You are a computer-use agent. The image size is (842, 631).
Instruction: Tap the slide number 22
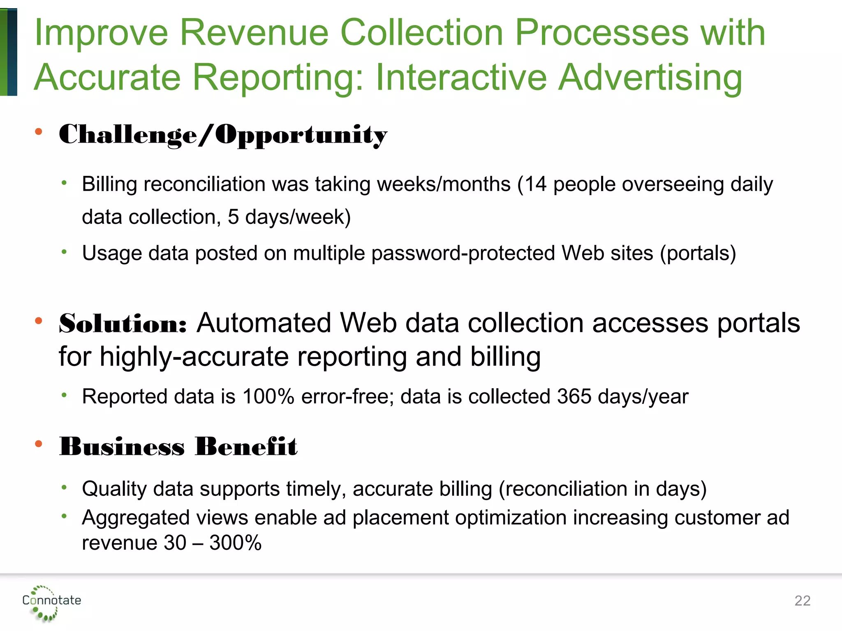[x=802, y=601]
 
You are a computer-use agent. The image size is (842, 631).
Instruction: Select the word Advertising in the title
[x=650, y=77]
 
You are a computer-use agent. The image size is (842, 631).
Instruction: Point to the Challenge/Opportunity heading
[x=223, y=134]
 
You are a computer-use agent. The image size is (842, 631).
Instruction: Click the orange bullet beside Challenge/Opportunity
[x=39, y=131]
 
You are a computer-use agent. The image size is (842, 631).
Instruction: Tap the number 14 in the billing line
[x=536, y=184]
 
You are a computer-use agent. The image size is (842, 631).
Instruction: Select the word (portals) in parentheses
[x=698, y=253]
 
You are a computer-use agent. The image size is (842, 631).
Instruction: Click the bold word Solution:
[x=123, y=324]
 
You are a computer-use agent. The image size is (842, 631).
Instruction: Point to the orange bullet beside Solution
[x=39, y=321]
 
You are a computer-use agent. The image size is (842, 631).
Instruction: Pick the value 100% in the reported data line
[x=268, y=396]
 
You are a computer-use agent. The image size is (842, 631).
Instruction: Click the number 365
[x=574, y=396]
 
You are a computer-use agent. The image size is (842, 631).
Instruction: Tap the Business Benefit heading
[x=178, y=447]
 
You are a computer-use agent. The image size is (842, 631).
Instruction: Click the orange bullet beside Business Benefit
[x=39, y=444]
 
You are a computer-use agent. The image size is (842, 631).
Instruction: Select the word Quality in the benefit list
[x=114, y=489]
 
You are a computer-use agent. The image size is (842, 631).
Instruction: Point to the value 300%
[x=235, y=543]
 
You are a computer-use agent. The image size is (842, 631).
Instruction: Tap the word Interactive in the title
[x=461, y=77]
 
